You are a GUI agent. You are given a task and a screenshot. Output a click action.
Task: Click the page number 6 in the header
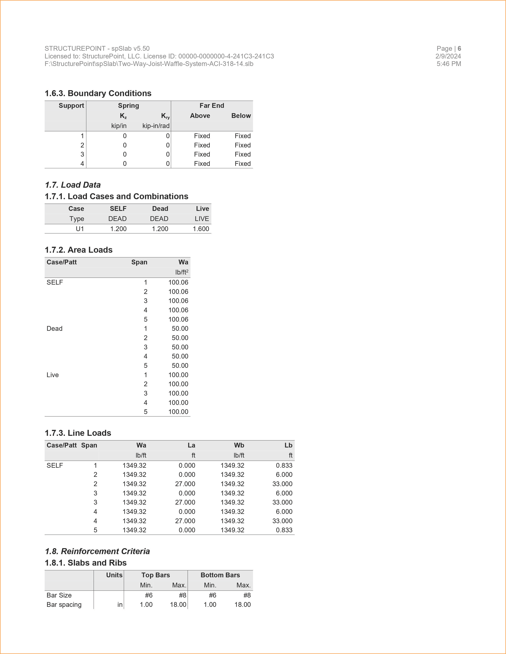459,49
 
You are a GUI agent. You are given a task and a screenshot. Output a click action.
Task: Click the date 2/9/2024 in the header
448,56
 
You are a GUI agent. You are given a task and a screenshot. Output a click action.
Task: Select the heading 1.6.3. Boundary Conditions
98,93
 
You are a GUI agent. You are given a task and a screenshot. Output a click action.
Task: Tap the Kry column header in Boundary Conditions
165,116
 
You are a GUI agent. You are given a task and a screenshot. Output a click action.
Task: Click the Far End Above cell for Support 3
202,155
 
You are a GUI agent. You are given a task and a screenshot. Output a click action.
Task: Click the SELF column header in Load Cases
118,209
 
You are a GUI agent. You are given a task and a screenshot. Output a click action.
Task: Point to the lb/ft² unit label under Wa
182,272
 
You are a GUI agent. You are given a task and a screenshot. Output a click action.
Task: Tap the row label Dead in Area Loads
55,329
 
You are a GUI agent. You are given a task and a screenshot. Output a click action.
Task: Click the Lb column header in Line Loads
288,446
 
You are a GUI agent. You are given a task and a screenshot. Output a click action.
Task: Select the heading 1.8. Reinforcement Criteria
97,552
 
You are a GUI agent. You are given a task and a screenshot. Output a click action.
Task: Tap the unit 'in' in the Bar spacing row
120,605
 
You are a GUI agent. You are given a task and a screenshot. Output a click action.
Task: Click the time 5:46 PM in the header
449,64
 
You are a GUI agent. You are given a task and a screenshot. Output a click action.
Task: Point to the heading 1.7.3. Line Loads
78,433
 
